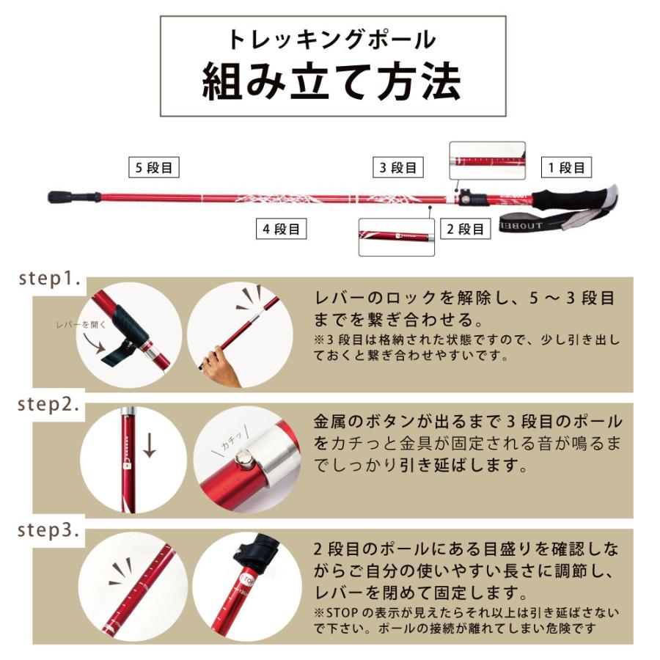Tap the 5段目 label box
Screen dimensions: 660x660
coord(153,167)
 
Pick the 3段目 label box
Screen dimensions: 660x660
coord(398,167)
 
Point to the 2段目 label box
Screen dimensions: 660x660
coord(465,229)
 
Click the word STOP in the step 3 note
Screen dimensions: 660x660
coord(339,612)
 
